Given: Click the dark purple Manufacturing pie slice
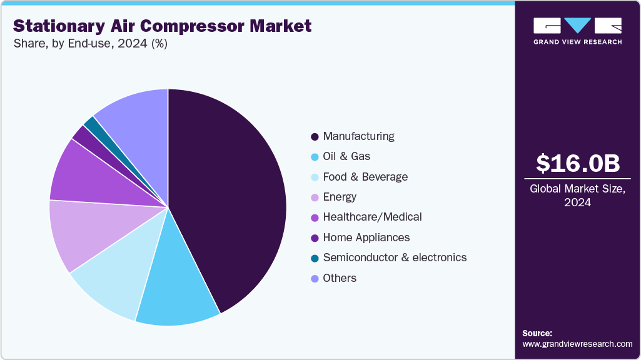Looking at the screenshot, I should pos(231,194).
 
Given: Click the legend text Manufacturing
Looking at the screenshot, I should pos(358,136).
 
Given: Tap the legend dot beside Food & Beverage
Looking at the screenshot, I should pos(315,177).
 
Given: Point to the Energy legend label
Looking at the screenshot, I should pos(340,197).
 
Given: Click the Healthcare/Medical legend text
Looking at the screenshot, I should pos(372,217).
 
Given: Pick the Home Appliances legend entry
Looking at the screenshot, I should pos(366,237).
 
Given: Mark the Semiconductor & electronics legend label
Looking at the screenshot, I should pos(394,257).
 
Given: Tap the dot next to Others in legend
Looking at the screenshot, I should pos(315,278).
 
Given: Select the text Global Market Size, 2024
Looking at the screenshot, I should pos(577,196).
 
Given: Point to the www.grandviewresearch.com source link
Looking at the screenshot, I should pos(577,344).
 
